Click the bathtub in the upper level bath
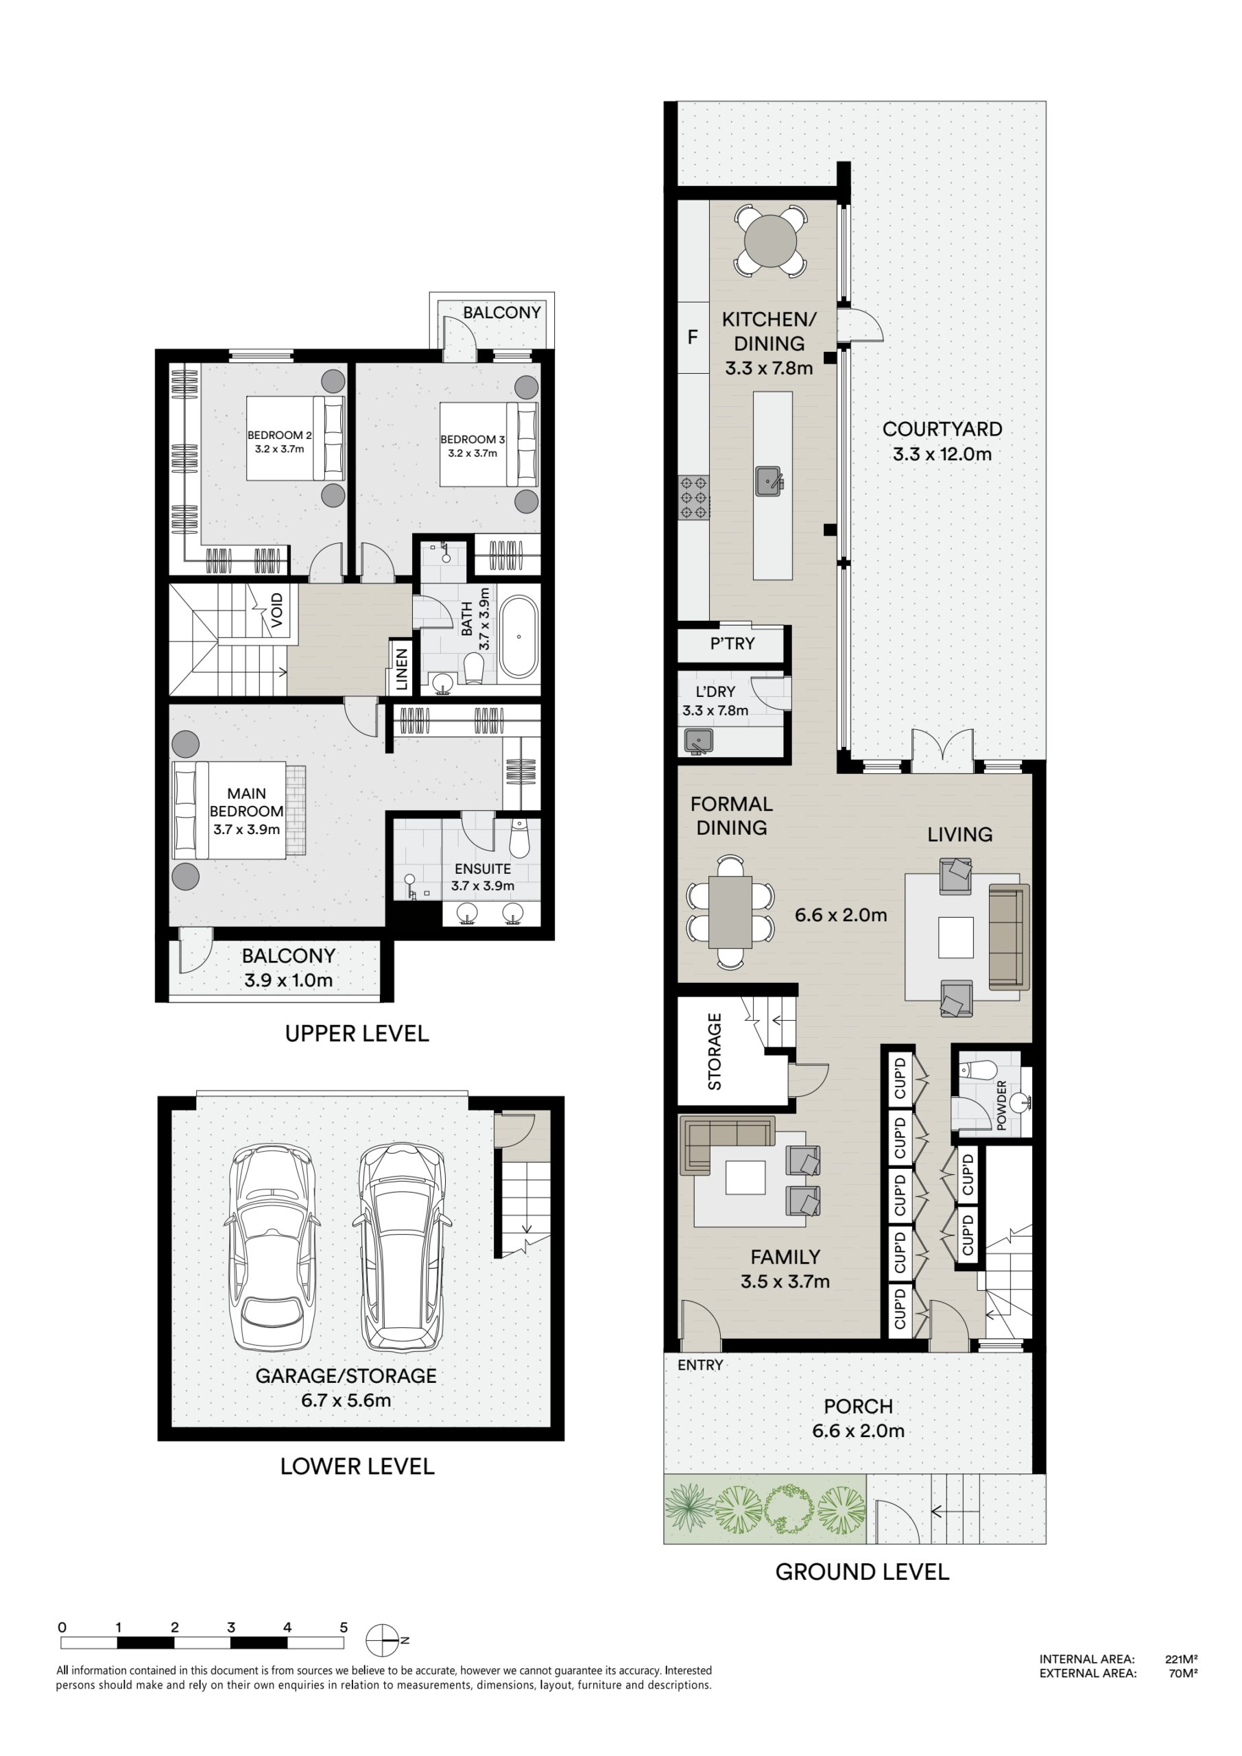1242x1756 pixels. pyautogui.click(x=519, y=637)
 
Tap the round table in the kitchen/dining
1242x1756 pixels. pyautogui.click(x=770, y=240)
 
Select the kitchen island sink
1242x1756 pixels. pyautogui.click(x=769, y=481)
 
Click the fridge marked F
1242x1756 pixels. pyautogui.click(x=693, y=337)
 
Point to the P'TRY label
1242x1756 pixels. pyautogui.click(x=732, y=644)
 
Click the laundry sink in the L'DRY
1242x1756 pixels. pyautogui.click(x=698, y=741)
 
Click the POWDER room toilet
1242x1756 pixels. pyautogui.click(x=978, y=1069)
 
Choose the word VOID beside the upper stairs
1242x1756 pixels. pyautogui.click(x=277, y=610)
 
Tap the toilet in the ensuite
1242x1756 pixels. pyautogui.click(x=518, y=838)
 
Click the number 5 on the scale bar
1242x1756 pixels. pyautogui.click(x=344, y=1627)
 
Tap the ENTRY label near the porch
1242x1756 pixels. pyautogui.click(x=700, y=1364)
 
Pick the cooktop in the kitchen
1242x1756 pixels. pyautogui.click(x=693, y=498)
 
